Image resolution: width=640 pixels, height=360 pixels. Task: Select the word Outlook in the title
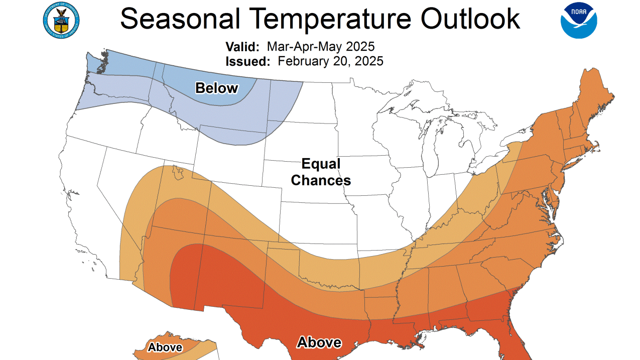pyautogui.click(x=470, y=19)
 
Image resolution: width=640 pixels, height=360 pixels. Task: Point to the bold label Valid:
pyautogui.click(x=242, y=47)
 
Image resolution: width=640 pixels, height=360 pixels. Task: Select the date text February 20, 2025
pyautogui.click(x=330, y=61)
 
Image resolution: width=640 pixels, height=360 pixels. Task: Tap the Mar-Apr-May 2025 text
pyautogui.click(x=320, y=47)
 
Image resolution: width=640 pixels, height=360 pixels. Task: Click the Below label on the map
pyautogui.click(x=216, y=88)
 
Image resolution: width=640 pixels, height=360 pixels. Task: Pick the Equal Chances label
pyautogui.click(x=321, y=172)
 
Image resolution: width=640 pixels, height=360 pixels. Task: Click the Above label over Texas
pyautogui.click(x=319, y=342)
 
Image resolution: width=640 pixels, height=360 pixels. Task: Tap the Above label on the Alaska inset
pyautogui.click(x=165, y=347)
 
